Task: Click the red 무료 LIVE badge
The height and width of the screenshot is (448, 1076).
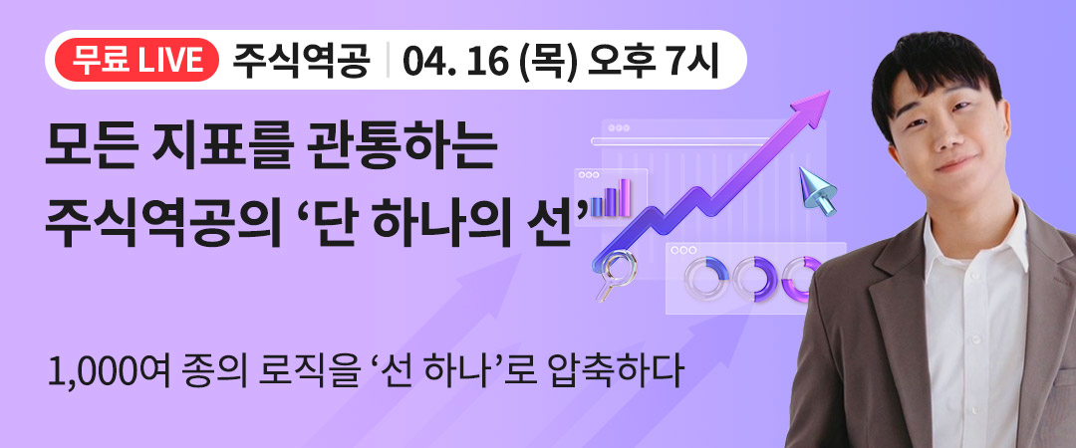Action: (x=132, y=61)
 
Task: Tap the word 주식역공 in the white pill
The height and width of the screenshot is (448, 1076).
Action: (x=301, y=61)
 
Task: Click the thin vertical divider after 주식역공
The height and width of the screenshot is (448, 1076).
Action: (x=388, y=61)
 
